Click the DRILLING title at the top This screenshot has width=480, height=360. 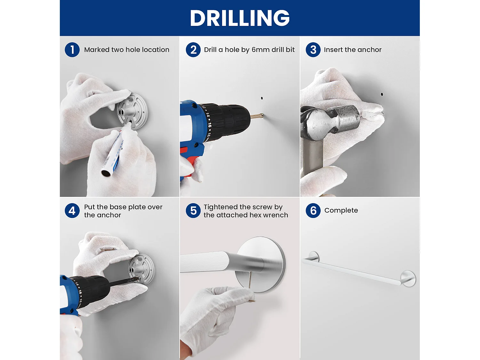click(240, 18)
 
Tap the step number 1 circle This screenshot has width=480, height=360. click(72, 50)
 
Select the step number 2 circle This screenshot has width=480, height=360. click(193, 50)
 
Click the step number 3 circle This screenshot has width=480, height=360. click(313, 50)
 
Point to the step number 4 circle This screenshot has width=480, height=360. click(72, 211)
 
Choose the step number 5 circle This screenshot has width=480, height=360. click(193, 211)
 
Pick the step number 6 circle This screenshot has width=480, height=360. click(313, 211)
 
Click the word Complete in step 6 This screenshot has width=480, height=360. click(341, 211)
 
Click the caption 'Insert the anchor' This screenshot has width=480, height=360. click(353, 50)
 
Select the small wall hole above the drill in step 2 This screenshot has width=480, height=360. click(262, 98)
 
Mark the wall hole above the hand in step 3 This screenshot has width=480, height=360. click(382, 94)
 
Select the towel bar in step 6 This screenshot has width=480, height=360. click(359, 269)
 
